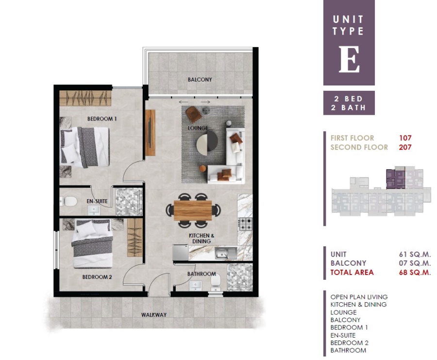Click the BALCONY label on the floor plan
tap(200, 80)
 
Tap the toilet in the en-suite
tap(68, 201)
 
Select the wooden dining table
tap(193, 210)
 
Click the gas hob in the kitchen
tap(245, 224)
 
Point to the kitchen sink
tap(226, 253)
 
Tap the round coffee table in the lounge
tap(207, 143)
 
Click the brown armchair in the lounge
tap(194, 114)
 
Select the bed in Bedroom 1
tap(84, 147)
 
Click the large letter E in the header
tap(349, 59)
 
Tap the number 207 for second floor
tap(405, 147)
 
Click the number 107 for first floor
tap(405, 138)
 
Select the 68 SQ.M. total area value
tap(415, 273)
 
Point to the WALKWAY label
tap(154, 315)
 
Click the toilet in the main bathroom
tap(216, 282)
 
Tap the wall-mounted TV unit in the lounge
tap(150, 133)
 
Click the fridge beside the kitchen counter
tap(180, 252)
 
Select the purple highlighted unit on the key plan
tap(395, 179)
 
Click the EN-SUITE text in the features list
tap(343, 335)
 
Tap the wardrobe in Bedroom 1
tap(85, 98)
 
